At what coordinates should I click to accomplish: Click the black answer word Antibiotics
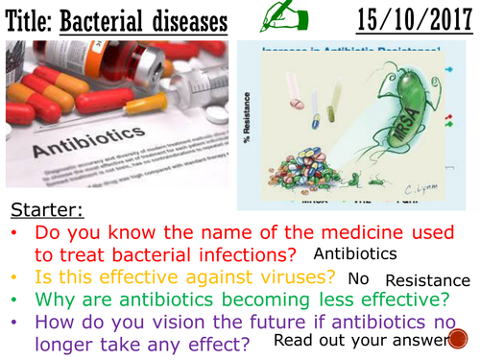[x=355, y=253]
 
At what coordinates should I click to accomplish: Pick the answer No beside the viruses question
[x=358, y=278]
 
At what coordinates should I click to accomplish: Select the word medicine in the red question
[x=293, y=229]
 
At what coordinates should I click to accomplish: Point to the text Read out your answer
[x=374, y=341]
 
